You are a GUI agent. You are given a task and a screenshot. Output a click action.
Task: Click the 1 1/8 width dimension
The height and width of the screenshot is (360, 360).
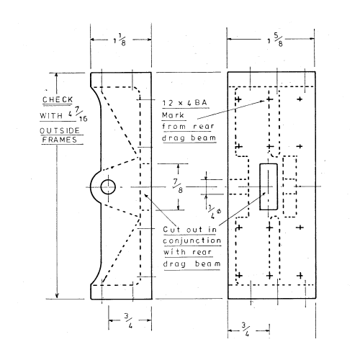[x=121, y=40]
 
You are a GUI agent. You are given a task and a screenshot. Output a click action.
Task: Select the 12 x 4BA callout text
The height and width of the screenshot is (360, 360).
[x=183, y=103]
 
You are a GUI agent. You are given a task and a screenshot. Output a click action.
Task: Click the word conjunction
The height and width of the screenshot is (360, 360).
[x=190, y=240]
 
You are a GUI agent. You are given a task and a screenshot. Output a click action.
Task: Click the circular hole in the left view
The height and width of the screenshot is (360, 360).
[x=108, y=187]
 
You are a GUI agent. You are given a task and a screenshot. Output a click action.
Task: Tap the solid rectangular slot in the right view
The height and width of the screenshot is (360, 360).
[x=268, y=186]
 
